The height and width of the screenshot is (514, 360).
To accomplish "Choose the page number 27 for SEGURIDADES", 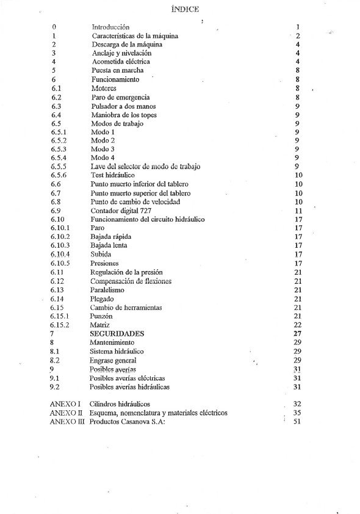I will [298, 335].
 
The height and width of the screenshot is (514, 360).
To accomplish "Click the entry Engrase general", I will [112, 361].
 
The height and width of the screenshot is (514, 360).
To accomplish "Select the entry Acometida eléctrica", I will [121, 62].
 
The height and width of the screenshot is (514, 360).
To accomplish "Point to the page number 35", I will [298, 413].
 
